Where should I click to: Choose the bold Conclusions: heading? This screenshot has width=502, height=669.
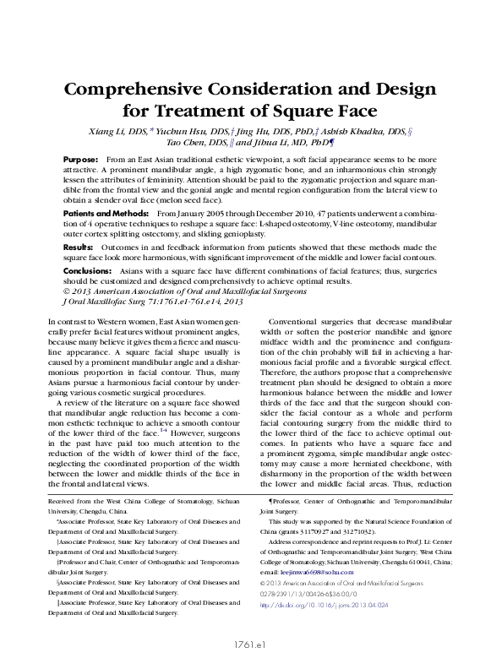(x=89, y=270)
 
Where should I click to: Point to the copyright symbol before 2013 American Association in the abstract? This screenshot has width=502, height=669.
(x=68, y=291)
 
